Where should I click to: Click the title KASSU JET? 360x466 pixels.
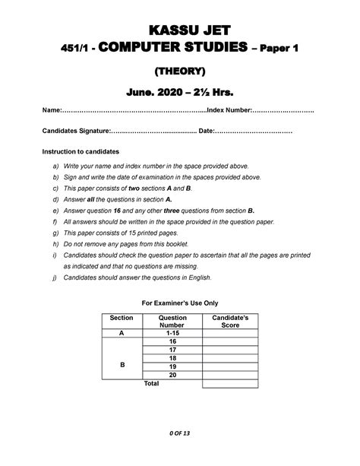pyautogui.click(x=180, y=30)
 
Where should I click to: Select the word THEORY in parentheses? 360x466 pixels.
pyautogui.click(x=180, y=72)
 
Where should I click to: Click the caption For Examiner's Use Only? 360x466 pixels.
pyautogui.click(x=180, y=302)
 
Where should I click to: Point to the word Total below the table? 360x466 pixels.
pyautogui.click(x=151, y=383)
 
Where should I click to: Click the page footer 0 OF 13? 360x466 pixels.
pyautogui.click(x=180, y=433)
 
